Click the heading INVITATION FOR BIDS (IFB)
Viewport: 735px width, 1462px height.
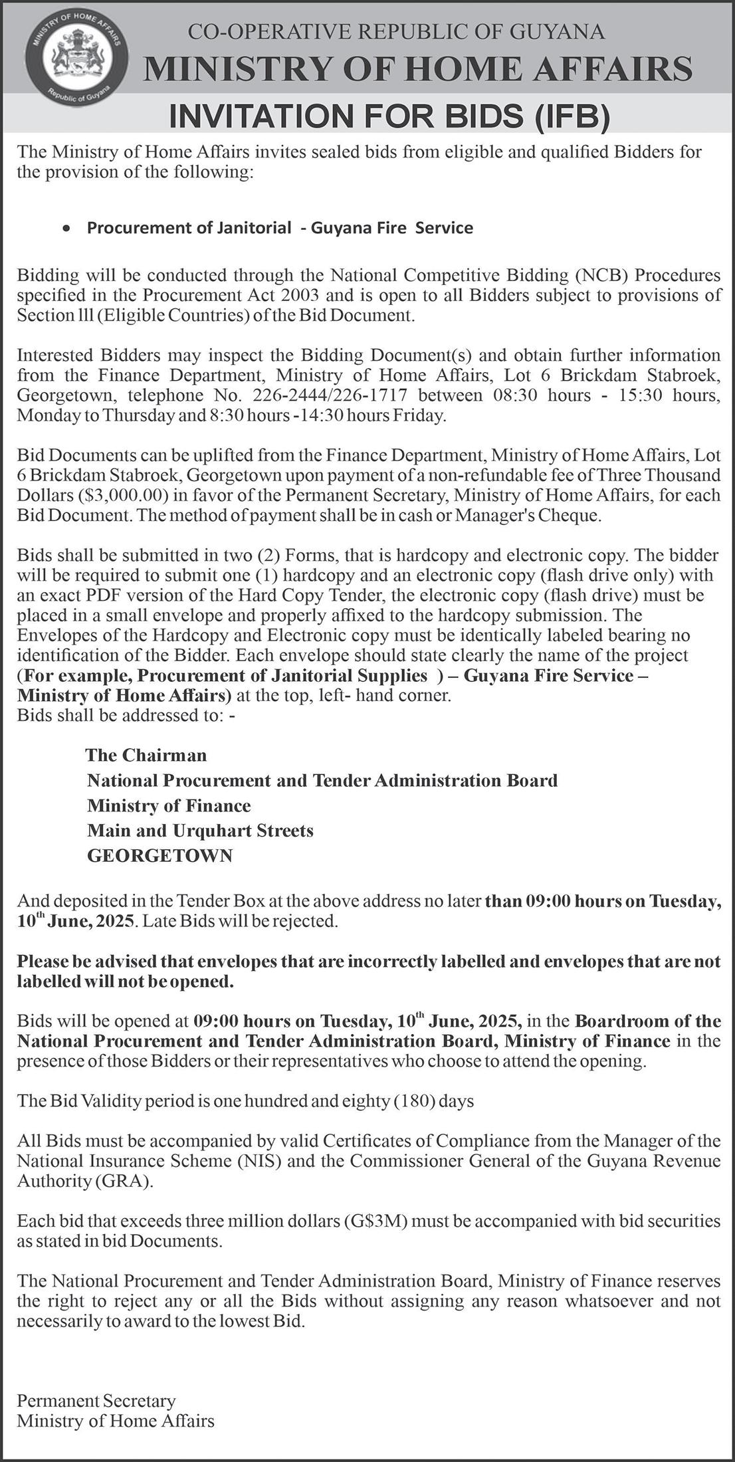click(x=389, y=116)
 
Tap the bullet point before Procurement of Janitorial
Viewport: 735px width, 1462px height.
click(x=65, y=229)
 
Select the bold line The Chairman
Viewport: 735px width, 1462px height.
click(x=146, y=756)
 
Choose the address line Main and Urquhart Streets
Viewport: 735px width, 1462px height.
click(x=200, y=831)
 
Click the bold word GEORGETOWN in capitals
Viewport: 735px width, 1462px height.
click(x=160, y=856)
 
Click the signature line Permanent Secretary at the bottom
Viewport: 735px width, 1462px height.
click(x=96, y=1402)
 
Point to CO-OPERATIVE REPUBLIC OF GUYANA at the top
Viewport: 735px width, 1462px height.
click(x=397, y=31)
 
